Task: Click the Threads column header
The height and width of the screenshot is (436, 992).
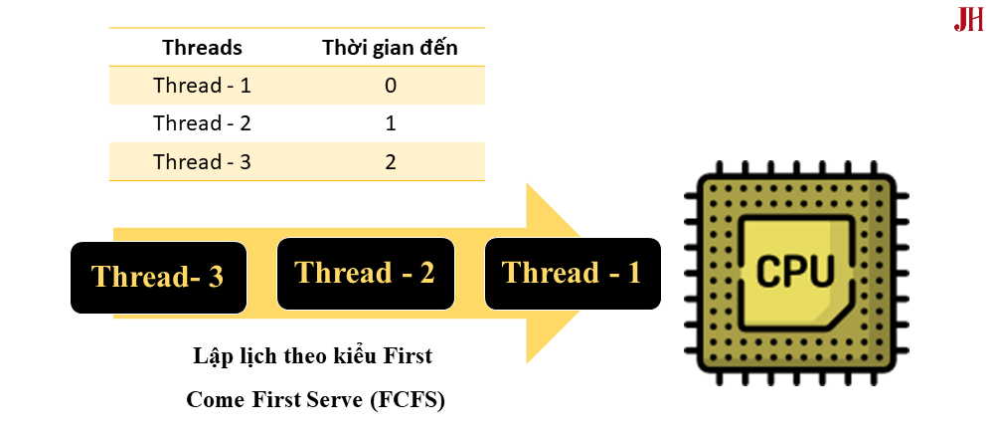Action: pos(202,48)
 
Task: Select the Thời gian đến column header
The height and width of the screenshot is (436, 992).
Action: pos(391,48)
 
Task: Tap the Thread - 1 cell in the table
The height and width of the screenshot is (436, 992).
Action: pos(202,86)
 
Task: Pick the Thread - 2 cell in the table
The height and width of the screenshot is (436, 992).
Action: pos(202,123)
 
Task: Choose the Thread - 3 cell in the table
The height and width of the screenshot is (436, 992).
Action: pos(202,161)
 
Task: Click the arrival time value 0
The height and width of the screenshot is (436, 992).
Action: pos(391,86)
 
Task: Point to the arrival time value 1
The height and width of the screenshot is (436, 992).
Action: pos(391,123)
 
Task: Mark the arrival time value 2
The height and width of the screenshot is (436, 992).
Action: pos(391,161)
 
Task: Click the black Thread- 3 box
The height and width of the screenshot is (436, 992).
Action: pos(158,276)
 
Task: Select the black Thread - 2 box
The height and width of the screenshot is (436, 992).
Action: pos(365,272)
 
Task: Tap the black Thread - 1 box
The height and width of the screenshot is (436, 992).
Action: pos(572,272)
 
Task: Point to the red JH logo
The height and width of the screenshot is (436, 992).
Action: pos(968,20)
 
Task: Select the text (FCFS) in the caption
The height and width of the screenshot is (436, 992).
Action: pos(408,400)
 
